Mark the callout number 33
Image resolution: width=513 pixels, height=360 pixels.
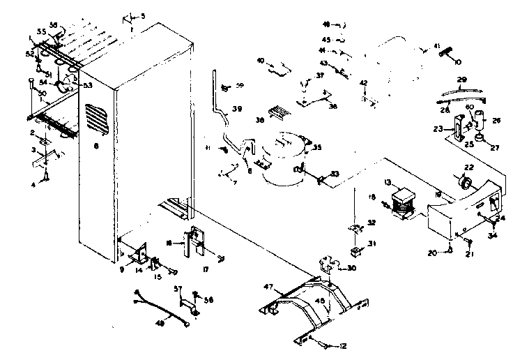[335, 174]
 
